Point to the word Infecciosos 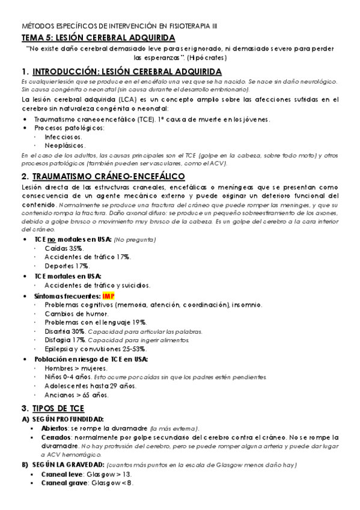pos(64,137)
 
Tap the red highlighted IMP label pos(109,296)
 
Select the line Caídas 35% pos(64,248)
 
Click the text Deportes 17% pos(67,265)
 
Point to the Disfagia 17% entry pos(64,340)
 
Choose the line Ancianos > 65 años pos(76,395)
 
